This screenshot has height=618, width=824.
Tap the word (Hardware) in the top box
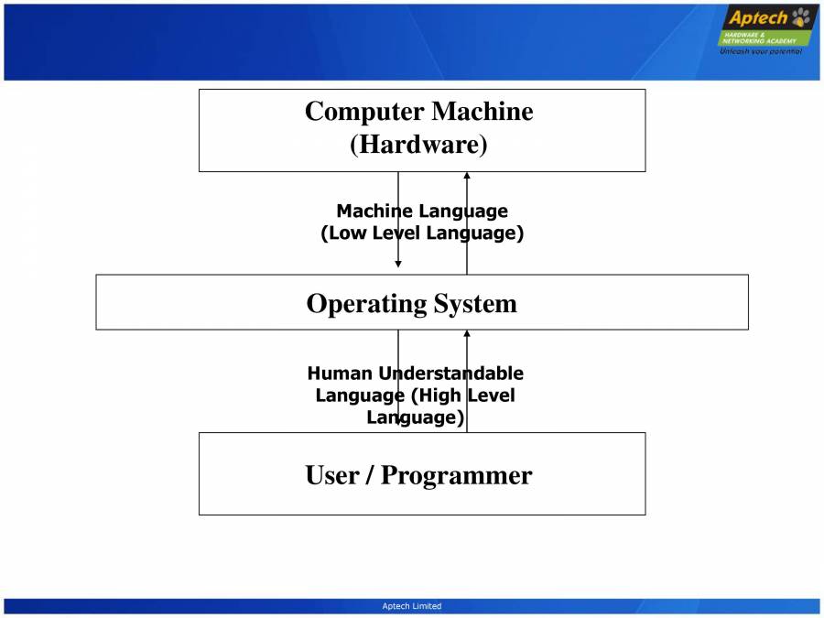[418, 145]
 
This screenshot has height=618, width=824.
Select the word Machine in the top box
[482, 112]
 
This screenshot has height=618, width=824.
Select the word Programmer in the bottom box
[456, 475]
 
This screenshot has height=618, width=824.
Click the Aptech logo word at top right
[756, 18]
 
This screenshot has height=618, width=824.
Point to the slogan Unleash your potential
[761, 51]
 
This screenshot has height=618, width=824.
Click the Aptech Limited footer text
[411, 606]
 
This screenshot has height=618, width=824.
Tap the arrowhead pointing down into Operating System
[398, 264]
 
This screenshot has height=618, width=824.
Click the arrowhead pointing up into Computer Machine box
[467, 176]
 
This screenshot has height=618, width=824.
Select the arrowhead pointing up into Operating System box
[467, 334]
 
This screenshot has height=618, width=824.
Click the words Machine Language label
[422, 211]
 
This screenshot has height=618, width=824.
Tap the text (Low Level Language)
[422, 233]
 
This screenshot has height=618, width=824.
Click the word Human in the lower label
[340, 374]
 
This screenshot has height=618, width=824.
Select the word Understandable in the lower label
[450, 374]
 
